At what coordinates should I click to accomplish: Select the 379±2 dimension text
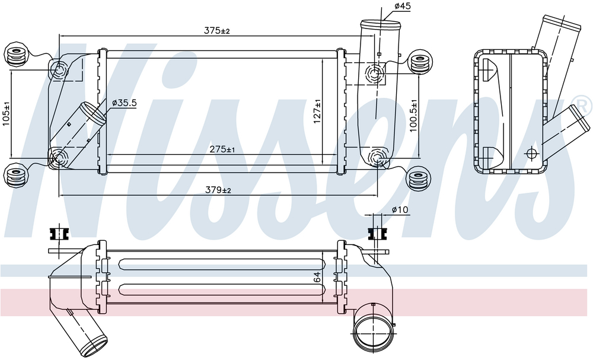pos(218,190)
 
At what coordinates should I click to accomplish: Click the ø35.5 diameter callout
pos(125,103)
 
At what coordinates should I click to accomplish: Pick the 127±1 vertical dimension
pos(318,111)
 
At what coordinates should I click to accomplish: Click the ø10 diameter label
pos(400,210)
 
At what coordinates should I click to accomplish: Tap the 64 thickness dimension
pos(317,276)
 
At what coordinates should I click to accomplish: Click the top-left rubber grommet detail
pos(16,55)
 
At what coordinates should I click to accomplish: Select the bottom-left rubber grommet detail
pos(16,176)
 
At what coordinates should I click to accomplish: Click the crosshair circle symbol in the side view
pos(531,153)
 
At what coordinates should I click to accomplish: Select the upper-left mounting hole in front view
pos(60,71)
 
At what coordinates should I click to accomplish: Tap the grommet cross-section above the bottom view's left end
pos(58,233)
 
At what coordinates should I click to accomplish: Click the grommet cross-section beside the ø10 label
pos(375,232)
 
